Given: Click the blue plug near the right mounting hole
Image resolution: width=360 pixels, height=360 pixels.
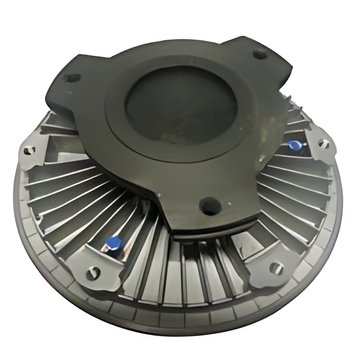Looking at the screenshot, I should [294, 144].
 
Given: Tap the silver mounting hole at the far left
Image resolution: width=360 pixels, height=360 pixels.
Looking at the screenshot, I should [30, 150].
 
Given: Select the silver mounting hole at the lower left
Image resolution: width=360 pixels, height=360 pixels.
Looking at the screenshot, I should [93, 272].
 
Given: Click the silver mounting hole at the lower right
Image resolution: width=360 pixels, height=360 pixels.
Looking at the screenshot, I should [275, 269].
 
